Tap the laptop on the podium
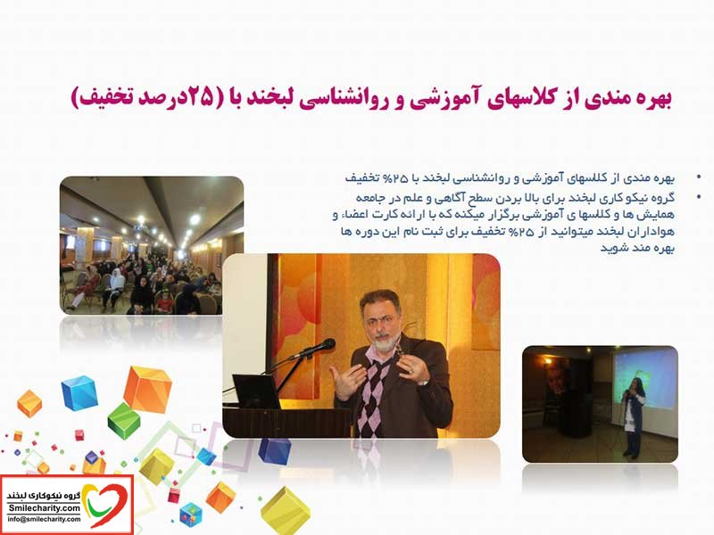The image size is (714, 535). click(x=255, y=391)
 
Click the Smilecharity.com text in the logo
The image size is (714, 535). click(x=44, y=508)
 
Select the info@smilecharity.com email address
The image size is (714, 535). click(x=44, y=519)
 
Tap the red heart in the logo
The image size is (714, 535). click(x=107, y=505)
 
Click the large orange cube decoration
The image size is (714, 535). click(x=147, y=390)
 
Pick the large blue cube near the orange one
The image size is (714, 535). click(x=79, y=393)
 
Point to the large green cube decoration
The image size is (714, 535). click(x=124, y=421)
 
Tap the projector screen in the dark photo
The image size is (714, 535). click(x=644, y=378)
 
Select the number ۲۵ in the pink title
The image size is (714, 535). click(x=200, y=97)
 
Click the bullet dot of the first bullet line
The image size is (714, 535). click(x=699, y=177)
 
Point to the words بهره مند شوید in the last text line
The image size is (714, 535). click(x=636, y=249)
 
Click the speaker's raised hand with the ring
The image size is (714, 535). click(x=411, y=368)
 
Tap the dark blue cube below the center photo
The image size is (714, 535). click(x=274, y=451)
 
